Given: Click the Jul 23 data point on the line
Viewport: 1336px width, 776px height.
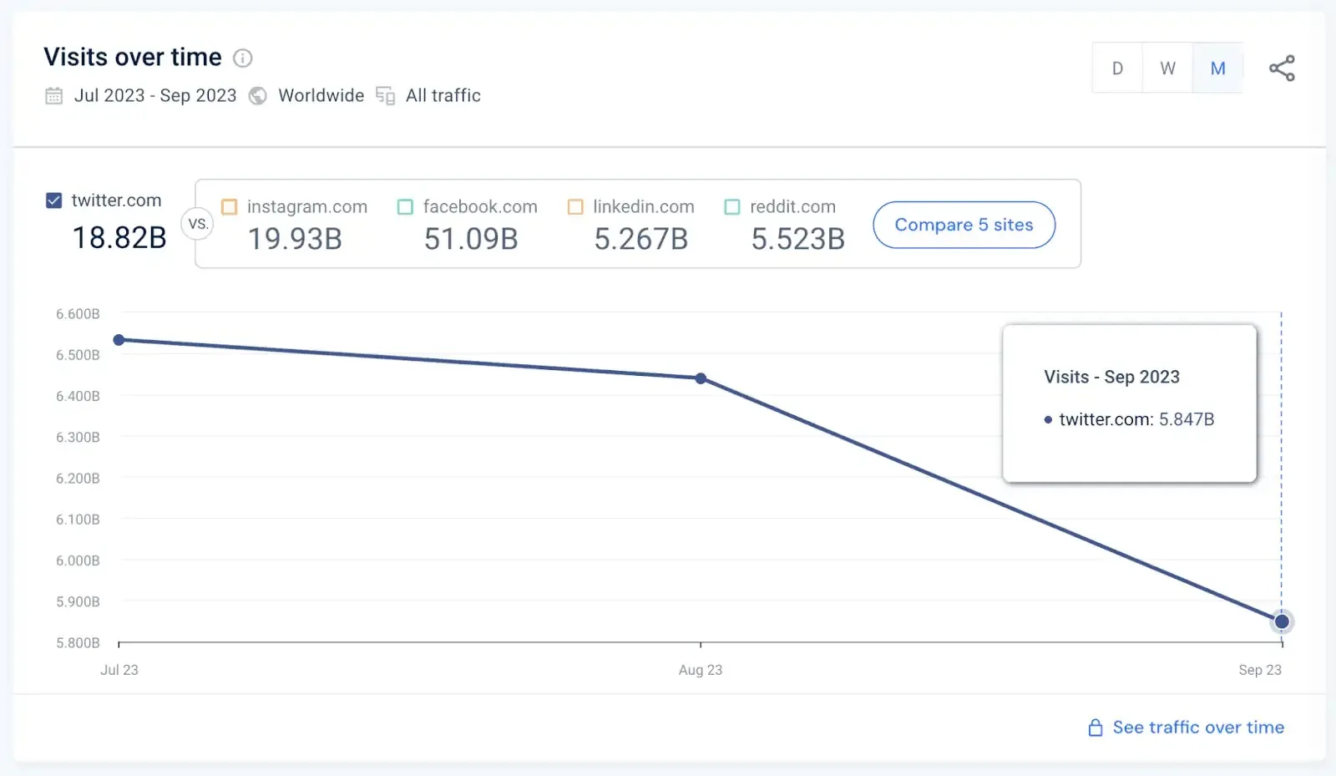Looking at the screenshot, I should (x=119, y=340).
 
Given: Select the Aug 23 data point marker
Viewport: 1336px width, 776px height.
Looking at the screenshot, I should (x=701, y=378).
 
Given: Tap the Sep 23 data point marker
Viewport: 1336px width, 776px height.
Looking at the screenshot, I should (x=1282, y=621).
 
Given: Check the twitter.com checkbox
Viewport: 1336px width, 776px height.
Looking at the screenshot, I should (x=54, y=200).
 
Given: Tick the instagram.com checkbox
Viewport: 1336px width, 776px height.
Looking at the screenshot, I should (x=230, y=206).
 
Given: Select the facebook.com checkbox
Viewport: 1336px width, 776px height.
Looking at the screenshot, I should (x=406, y=206).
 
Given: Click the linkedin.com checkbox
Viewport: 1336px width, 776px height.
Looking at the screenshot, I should (x=575, y=206).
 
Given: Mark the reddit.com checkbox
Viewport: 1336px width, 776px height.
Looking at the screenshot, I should (x=732, y=206).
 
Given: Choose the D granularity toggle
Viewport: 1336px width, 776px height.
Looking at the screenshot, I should (x=1117, y=68).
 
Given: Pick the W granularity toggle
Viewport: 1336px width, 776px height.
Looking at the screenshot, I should (x=1167, y=68).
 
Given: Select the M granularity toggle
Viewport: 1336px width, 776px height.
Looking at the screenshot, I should (x=1218, y=68).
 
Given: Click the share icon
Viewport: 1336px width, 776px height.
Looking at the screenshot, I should (x=1282, y=68).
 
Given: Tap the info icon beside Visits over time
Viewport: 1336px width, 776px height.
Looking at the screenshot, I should (x=242, y=58).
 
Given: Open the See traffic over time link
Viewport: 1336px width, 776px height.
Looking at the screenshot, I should (x=1197, y=728).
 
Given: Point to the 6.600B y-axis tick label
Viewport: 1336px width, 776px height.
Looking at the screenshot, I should (x=78, y=314).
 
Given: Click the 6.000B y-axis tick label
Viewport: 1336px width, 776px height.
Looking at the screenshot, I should (x=78, y=560).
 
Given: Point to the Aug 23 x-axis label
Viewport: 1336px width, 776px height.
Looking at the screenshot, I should (x=701, y=670).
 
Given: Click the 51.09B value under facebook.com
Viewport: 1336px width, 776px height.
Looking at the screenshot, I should (x=471, y=240).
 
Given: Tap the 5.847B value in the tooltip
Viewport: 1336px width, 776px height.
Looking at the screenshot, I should (x=1187, y=419).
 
